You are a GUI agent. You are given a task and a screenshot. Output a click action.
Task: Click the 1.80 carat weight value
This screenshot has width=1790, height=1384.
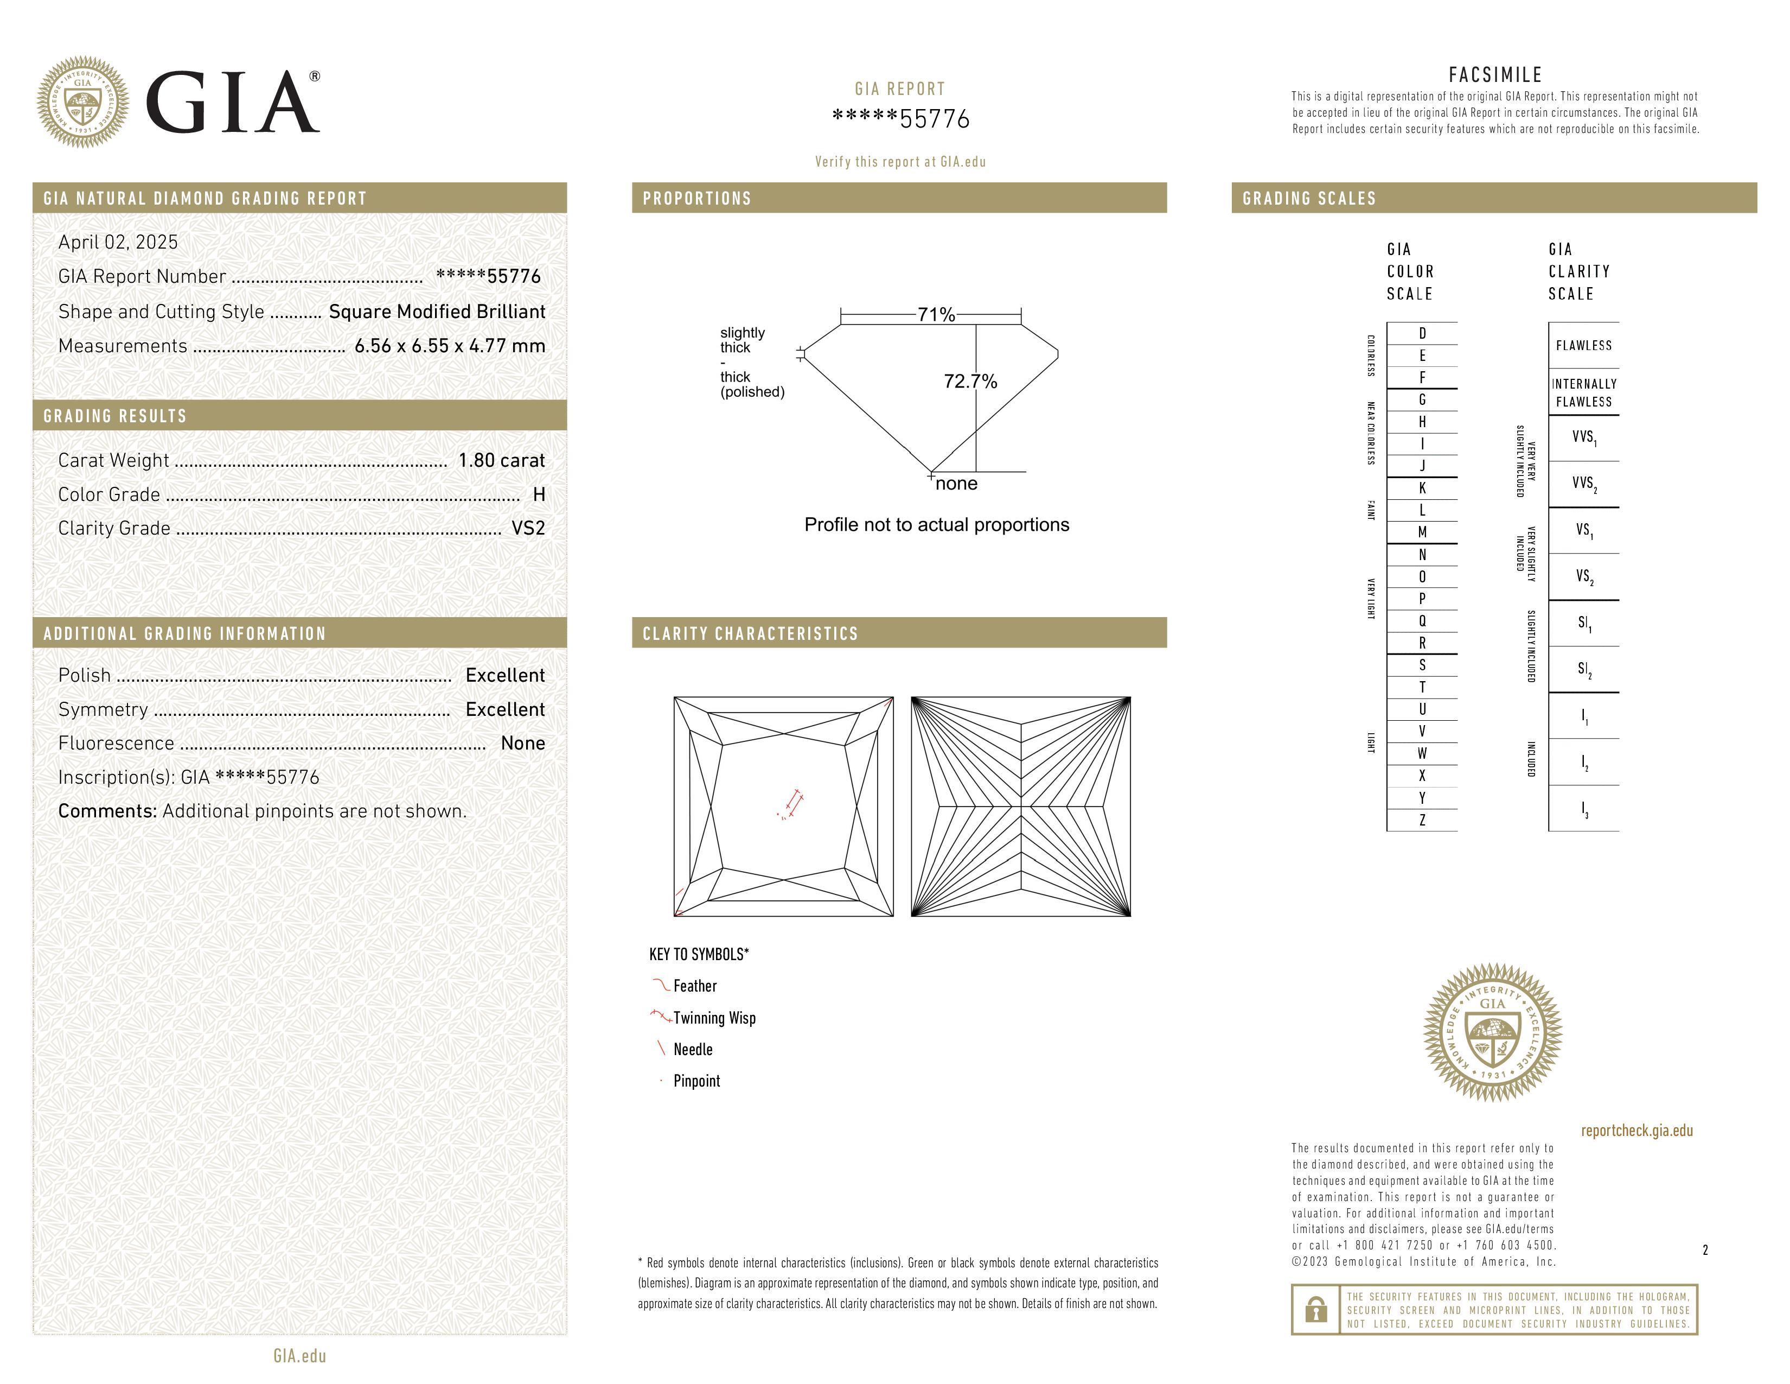pos(501,460)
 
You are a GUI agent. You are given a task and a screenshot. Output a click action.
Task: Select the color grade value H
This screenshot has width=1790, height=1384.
pos(539,494)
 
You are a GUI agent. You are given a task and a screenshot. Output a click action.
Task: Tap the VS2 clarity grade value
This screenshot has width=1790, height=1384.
pos(528,528)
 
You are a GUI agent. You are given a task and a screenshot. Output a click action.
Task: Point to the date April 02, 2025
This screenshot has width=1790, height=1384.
pos(118,242)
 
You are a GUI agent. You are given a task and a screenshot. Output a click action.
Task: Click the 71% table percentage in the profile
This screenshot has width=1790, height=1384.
pos(936,315)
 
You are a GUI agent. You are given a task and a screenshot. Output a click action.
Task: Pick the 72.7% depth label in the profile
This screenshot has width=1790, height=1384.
pos(970,381)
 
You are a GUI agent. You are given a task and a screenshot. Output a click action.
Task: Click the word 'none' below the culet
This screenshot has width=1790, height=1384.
pos(956,484)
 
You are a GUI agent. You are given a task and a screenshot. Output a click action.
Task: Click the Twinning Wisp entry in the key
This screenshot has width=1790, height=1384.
pos(714,1018)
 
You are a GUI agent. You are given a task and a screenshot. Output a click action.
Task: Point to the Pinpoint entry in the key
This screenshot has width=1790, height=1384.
pos(696,1081)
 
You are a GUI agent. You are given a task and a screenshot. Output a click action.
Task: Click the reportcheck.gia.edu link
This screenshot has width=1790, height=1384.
pos(1636,1131)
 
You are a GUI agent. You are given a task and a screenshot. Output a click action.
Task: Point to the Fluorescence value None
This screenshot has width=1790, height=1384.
pos(523,743)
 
